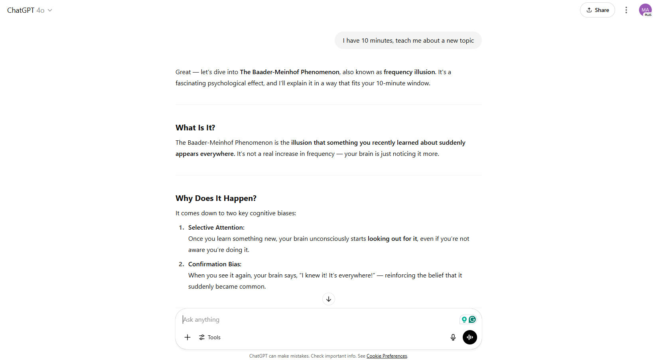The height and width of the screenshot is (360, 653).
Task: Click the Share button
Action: (597, 10)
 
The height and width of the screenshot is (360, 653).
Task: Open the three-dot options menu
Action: (626, 10)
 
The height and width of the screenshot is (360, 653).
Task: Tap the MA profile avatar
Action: (645, 10)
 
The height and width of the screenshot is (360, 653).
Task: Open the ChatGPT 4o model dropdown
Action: (30, 10)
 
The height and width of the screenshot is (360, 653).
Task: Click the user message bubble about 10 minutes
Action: (408, 41)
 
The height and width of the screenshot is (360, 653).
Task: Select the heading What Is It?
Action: (195, 128)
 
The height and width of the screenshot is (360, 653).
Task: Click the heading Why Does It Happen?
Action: (216, 199)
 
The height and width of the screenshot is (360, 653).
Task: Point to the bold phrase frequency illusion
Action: (409, 72)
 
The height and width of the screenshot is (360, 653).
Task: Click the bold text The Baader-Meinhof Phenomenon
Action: (289, 72)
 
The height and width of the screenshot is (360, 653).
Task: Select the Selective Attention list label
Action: (216, 228)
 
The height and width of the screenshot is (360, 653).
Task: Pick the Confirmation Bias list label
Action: (215, 264)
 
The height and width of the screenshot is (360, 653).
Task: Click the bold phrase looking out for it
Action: (392, 239)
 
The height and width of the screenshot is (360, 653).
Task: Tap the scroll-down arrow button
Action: (329, 299)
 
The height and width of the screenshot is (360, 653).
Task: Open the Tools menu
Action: (210, 337)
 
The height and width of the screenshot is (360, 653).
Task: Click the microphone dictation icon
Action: (453, 337)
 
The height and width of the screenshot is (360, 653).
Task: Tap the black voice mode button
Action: (470, 337)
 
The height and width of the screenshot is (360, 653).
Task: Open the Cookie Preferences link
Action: (387, 356)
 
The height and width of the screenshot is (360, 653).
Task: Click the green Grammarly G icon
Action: (472, 319)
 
